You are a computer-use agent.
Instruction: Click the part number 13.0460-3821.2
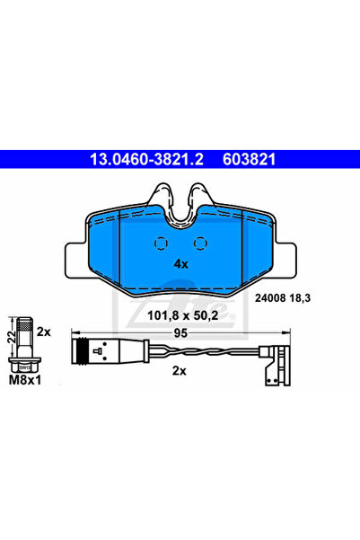click(146, 159)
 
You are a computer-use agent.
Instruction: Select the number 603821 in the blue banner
click(250, 159)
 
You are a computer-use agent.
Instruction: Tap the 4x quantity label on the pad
click(181, 264)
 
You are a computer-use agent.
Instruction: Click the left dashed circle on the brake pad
click(161, 243)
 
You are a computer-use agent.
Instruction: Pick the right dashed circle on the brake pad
click(200, 243)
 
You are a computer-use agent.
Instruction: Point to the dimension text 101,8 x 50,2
click(183, 315)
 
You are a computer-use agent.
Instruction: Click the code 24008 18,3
click(283, 298)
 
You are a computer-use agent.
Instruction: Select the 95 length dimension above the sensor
click(180, 333)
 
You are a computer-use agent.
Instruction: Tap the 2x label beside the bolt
click(44, 332)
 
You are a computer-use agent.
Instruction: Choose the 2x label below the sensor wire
click(179, 371)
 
